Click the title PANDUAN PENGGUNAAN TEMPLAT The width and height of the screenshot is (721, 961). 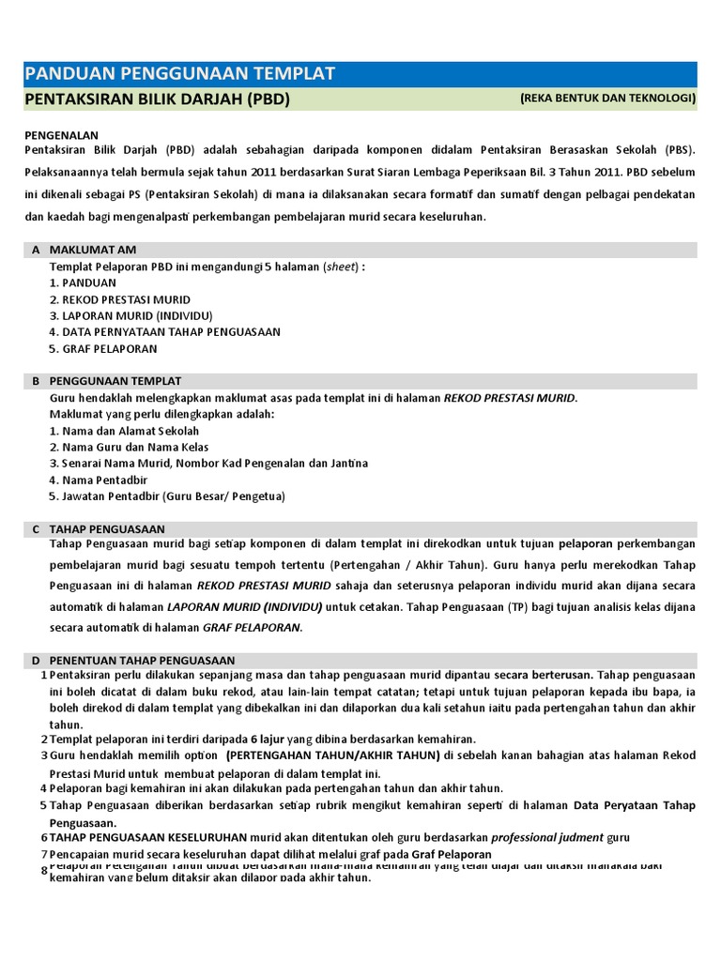[x=179, y=74]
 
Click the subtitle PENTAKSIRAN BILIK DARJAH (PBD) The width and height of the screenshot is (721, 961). [x=157, y=99]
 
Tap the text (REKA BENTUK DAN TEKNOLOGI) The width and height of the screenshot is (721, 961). [x=607, y=98]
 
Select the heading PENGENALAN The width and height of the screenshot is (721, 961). [x=61, y=135]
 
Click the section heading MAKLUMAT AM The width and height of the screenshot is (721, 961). [x=93, y=250]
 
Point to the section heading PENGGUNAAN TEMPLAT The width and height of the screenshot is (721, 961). [x=115, y=381]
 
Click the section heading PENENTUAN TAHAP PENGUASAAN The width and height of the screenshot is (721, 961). [x=142, y=661]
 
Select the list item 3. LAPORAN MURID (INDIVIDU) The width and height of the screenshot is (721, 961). [x=130, y=315]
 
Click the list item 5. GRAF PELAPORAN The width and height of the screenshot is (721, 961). [x=104, y=348]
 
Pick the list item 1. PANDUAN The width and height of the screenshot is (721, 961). [x=83, y=282]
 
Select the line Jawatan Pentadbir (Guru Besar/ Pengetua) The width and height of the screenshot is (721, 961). [x=167, y=496]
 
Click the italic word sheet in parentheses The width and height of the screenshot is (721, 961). [x=341, y=267]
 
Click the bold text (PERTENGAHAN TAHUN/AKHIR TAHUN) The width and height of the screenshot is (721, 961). [x=332, y=755]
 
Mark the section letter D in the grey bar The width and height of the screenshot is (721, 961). [x=36, y=661]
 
